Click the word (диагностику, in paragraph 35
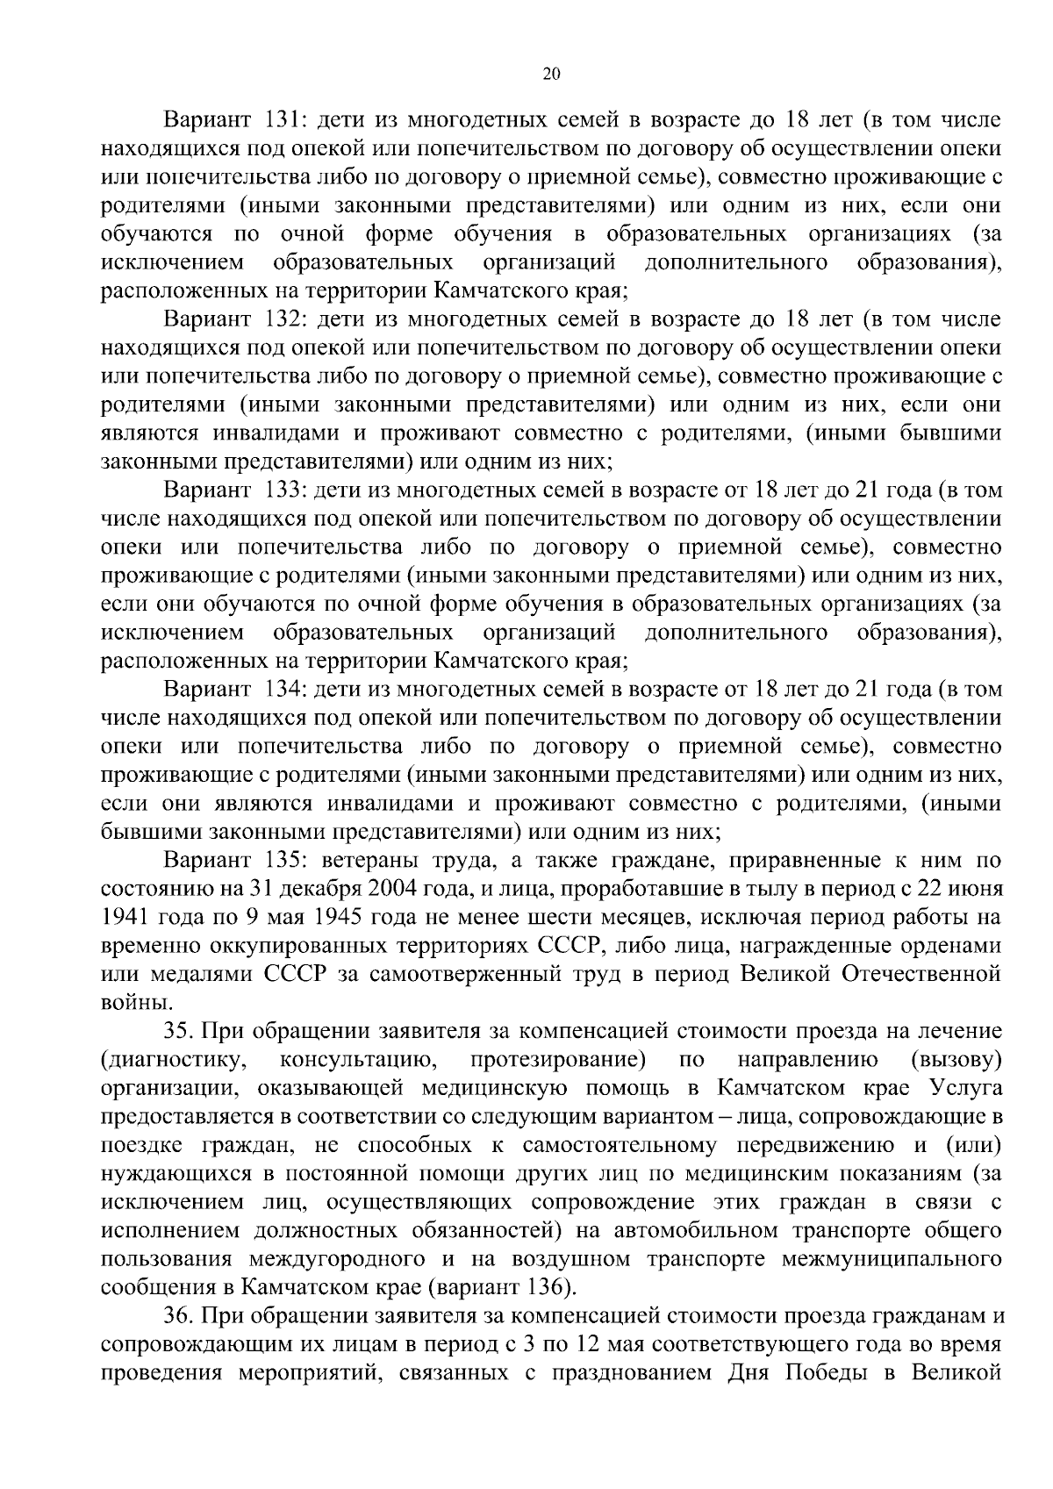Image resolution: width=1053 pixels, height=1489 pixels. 172,1059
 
